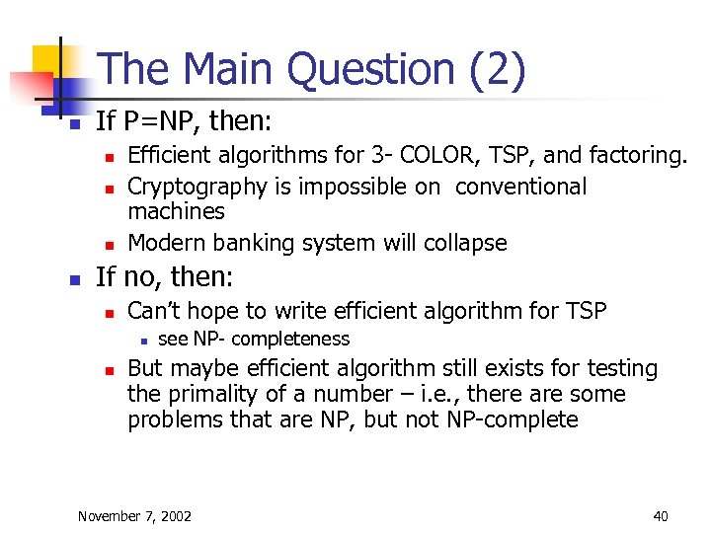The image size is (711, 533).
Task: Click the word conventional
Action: (520, 187)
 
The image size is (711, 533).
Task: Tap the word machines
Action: (176, 211)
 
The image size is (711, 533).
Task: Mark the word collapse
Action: (466, 243)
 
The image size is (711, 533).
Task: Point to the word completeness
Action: (290, 340)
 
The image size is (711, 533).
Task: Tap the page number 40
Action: (660, 515)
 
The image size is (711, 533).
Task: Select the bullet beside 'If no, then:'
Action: (74, 281)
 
